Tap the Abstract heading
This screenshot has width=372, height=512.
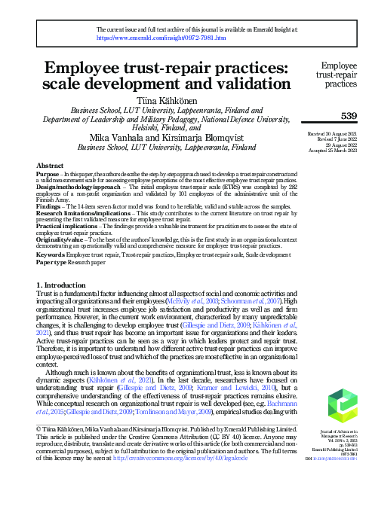(x=51, y=163)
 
